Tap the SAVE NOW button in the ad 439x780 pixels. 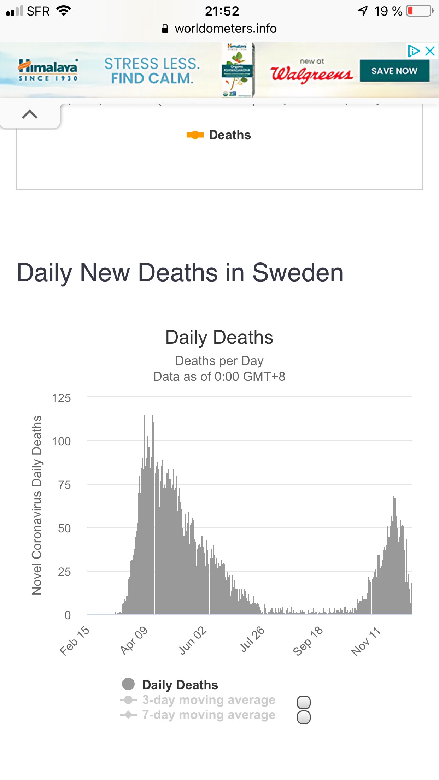click(394, 71)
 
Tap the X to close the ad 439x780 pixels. click(430, 51)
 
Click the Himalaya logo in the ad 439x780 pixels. click(48, 70)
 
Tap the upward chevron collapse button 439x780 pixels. click(30, 114)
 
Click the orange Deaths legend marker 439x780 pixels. click(195, 135)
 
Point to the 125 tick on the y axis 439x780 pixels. click(62, 398)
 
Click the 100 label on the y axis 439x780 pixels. click(62, 442)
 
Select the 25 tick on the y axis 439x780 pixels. click(64, 572)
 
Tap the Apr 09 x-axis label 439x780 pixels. click(134, 640)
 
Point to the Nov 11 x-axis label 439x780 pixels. click(365, 642)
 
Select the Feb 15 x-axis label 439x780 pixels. click(74, 640)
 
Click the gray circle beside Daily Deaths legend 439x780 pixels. click(128, 684)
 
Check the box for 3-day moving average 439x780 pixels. click(304, 702)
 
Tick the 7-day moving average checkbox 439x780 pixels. click(304, 717)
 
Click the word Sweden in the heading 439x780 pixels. click(298, 273)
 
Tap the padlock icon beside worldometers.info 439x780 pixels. click(165, 29)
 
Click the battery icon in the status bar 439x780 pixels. click(419, 11)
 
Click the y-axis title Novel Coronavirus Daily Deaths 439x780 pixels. click(37, 505)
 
